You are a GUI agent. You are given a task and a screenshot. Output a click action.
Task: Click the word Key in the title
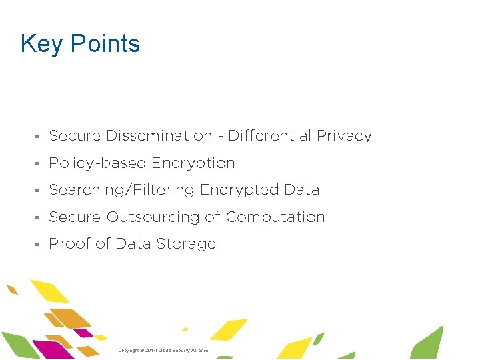(x=43, y=44)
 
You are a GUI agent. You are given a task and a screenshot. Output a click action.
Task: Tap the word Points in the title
(x=105, y=44)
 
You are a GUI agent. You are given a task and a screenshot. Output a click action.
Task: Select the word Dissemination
(x=159, y=136)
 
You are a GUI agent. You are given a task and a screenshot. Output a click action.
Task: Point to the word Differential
(x=270, y=136)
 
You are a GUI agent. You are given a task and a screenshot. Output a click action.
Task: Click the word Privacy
(x=344, y=136)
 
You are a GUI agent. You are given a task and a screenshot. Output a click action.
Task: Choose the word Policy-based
(x=98, y=163)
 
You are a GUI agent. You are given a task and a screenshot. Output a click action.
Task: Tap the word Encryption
(x=193, y=163)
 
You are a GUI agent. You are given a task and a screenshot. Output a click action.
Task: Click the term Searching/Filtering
(x=121, y=190)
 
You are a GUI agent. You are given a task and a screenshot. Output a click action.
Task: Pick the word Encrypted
(x=239, y=190)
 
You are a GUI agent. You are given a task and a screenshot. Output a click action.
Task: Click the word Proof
(x=69, y=244)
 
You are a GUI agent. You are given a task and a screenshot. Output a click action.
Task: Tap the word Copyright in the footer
(x=129, y=351)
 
